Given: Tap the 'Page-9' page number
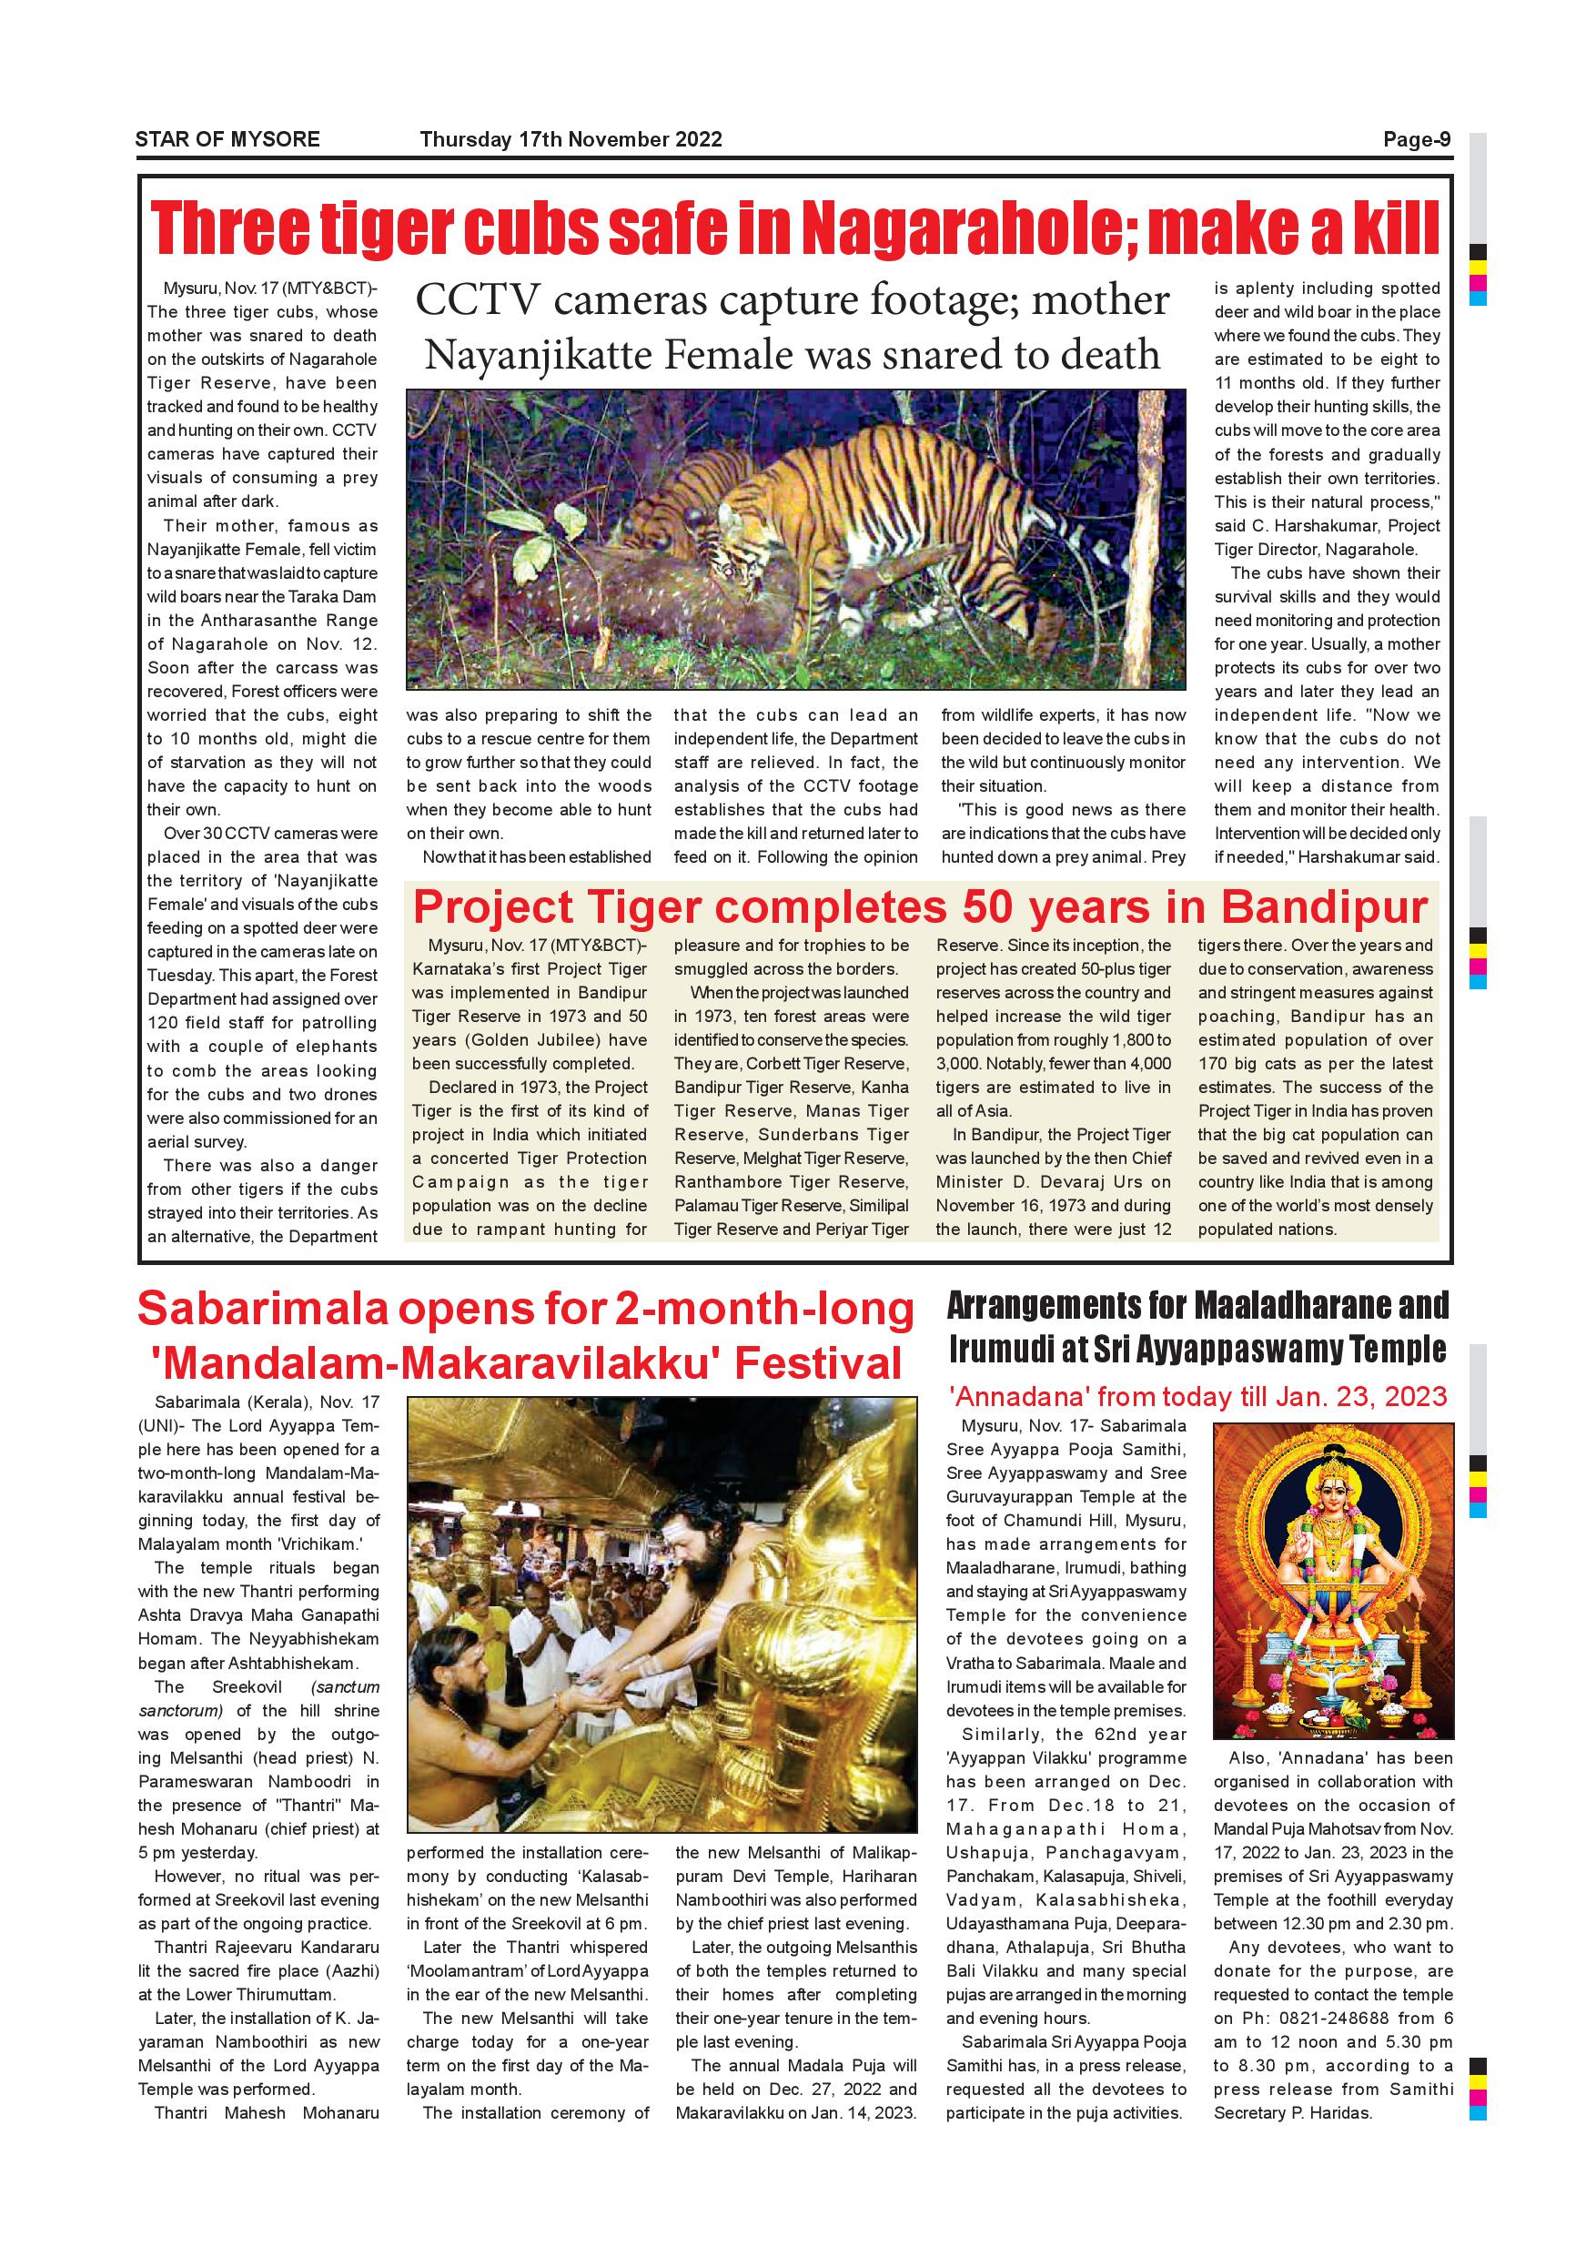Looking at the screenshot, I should point(1417,139).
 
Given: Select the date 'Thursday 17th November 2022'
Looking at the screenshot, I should point(571,139).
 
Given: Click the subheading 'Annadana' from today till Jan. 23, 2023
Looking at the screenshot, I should point(1198,1397).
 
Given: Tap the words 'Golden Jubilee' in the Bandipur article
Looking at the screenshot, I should point(527,1040).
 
